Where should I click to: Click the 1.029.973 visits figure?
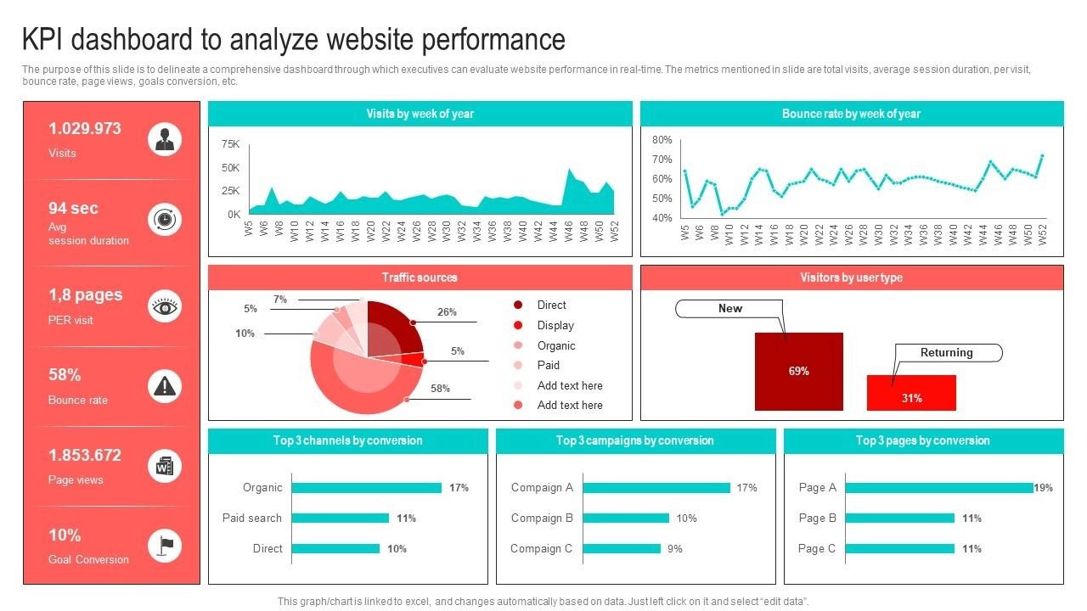85,129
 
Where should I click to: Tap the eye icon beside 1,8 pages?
165,306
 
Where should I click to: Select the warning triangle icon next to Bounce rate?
165,387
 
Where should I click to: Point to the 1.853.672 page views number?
85,455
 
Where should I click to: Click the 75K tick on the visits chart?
231,144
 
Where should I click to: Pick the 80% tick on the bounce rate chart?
662,140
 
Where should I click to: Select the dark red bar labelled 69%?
798,371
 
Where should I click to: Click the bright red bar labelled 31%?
911,393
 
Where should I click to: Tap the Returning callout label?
947,353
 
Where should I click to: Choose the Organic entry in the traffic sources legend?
556,345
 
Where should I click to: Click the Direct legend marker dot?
518,305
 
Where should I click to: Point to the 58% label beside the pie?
440,389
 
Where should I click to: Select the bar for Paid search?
341,519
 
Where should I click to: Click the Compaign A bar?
656,488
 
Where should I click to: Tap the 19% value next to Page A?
1044,488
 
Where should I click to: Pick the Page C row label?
818,548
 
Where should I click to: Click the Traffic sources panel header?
420,277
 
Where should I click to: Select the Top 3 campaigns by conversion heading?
635,440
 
